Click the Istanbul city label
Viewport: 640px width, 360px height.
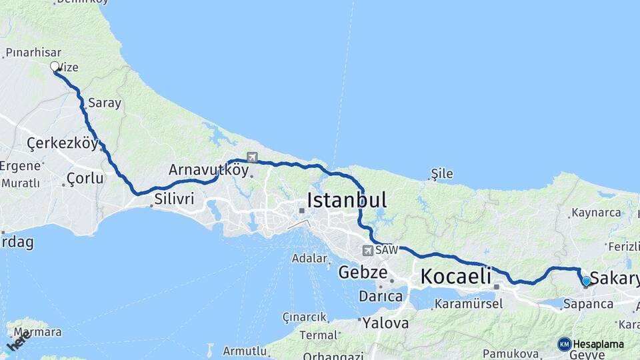point(347,199)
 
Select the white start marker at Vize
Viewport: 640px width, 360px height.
point(55,67)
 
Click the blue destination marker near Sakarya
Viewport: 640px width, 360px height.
point(586,281)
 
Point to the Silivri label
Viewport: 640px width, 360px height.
point(174,199)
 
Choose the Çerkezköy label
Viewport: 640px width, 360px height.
point(63,143)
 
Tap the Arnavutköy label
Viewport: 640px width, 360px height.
point(209,170)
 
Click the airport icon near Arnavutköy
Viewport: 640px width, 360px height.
point(252,157)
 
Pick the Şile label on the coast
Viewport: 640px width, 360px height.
point(442,174)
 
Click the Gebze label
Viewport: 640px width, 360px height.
point(363,272)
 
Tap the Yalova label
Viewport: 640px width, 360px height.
point(386,323)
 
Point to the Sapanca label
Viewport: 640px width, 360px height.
point(588,304)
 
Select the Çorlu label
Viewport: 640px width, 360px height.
point(85,178)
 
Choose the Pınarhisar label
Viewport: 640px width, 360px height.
point(33,52)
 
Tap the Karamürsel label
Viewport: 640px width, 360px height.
point(468,304)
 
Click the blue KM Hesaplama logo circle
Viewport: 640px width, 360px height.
point(565,344)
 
